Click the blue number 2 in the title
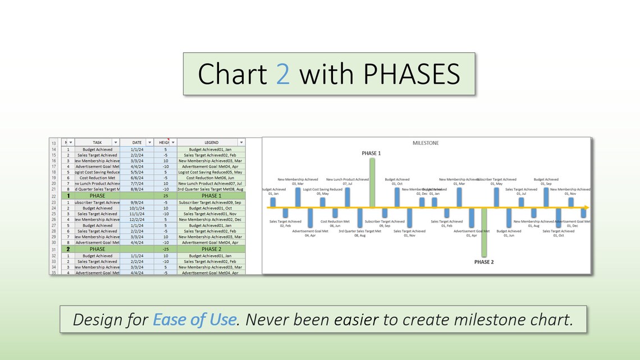coord(283,74)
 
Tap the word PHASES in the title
coord(408,74)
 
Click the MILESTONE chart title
coord(426,143)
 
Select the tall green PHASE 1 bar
coord(372,183)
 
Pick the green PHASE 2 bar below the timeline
coord(484,232)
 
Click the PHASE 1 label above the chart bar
coord(371,153)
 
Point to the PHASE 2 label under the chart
coord(484,262)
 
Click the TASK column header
coord(97,143)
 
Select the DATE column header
coord(137,143)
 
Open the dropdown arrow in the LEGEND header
coord(241,143)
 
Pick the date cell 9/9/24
coord(137,202)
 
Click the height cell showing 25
coord(166,196)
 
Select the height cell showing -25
coord(166,249)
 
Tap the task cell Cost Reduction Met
coord(97,177)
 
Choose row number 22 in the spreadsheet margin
coord(54,196)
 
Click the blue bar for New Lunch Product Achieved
coord(348,197)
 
